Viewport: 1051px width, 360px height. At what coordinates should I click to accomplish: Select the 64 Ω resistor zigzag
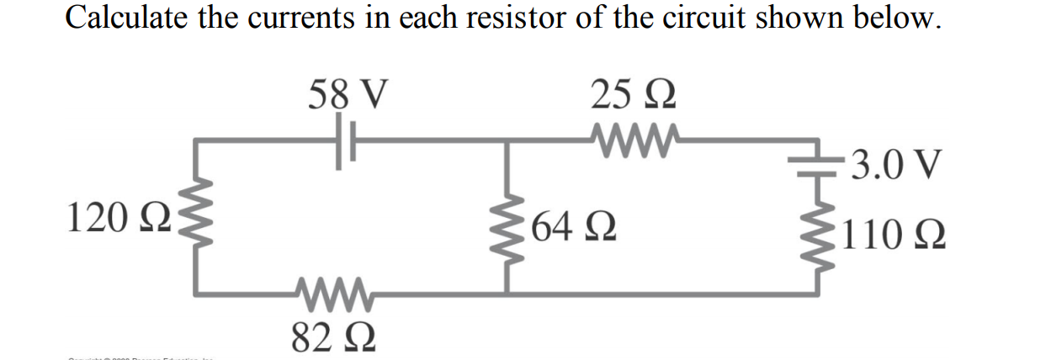[x=505, y=226]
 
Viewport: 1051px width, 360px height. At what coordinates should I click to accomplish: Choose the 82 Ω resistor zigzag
[x=333, y=294]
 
